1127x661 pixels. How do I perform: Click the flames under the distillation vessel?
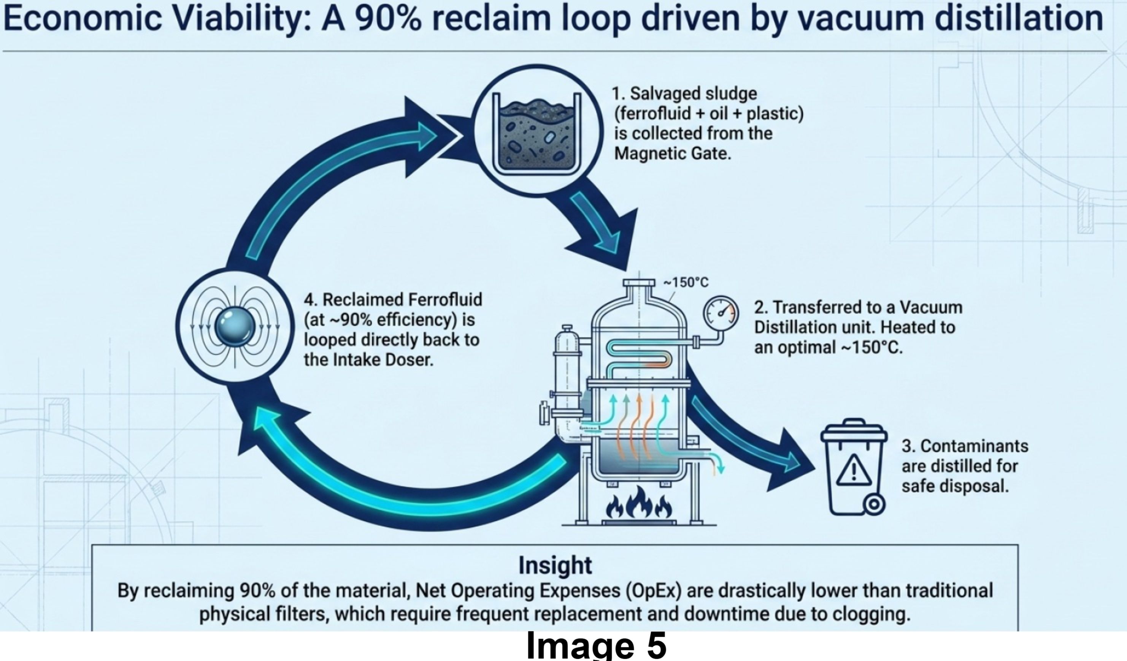[639, 504]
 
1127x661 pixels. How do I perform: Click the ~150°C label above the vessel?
[686, 283]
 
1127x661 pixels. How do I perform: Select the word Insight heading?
[555, 565]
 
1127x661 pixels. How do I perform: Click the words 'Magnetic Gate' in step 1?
[672, 154]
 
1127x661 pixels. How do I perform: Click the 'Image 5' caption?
[596, 645]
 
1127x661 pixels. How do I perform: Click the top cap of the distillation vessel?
[639, 283]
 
